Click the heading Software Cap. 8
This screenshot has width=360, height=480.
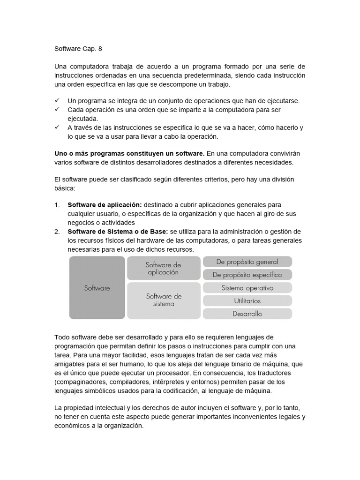(78, 48)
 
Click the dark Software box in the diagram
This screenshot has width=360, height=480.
(97, 288)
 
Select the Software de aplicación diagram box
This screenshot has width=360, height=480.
(163, 269)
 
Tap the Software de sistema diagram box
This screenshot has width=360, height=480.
(164, 300)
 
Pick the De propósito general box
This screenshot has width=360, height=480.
(247, 262)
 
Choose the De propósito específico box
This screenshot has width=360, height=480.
(247, 275)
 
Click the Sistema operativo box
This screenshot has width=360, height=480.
(247, 288)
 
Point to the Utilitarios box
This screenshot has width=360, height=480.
(247, 300)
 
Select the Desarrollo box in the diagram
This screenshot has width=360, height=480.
(247, 314)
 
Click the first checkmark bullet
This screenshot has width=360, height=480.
(57, 101)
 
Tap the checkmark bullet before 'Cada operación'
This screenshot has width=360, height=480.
(57, 109)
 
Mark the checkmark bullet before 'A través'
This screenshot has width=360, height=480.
(57, 127)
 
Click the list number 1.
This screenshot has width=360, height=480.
(57, 205)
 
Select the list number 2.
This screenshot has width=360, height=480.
(57, 232)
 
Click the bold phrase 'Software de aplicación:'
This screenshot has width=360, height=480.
(105, 205)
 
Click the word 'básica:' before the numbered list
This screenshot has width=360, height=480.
(65, 188)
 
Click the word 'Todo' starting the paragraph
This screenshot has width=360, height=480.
(62, 337)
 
